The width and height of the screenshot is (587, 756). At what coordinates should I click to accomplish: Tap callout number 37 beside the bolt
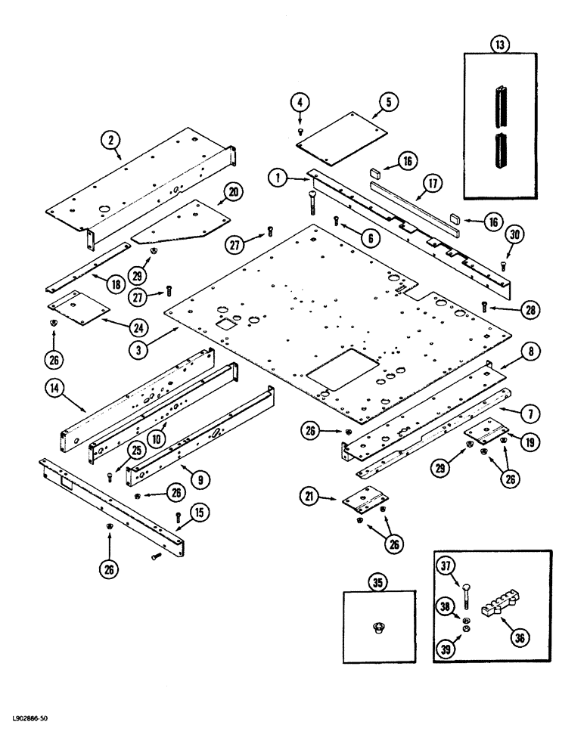pyautogui.click(x=447, y=565)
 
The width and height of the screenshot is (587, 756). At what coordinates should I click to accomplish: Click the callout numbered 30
pyautogui.click(x=515, y=234)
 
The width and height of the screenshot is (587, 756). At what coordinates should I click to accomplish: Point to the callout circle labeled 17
pyautogui.click(x=432, y=183)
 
